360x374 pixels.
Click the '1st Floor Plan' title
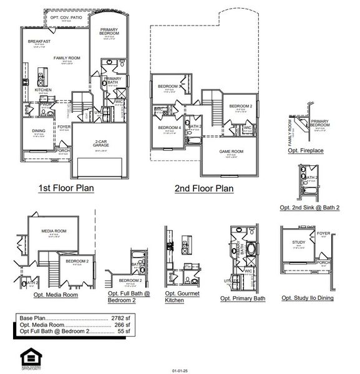66,188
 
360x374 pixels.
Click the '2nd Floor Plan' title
205,188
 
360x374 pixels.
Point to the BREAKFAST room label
39,41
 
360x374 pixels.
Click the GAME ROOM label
230,151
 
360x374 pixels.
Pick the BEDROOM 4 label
168,128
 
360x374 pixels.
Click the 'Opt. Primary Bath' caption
243,299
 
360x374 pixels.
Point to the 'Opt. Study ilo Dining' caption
307,298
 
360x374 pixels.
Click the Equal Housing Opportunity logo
29,357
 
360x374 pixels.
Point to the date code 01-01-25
180,370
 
